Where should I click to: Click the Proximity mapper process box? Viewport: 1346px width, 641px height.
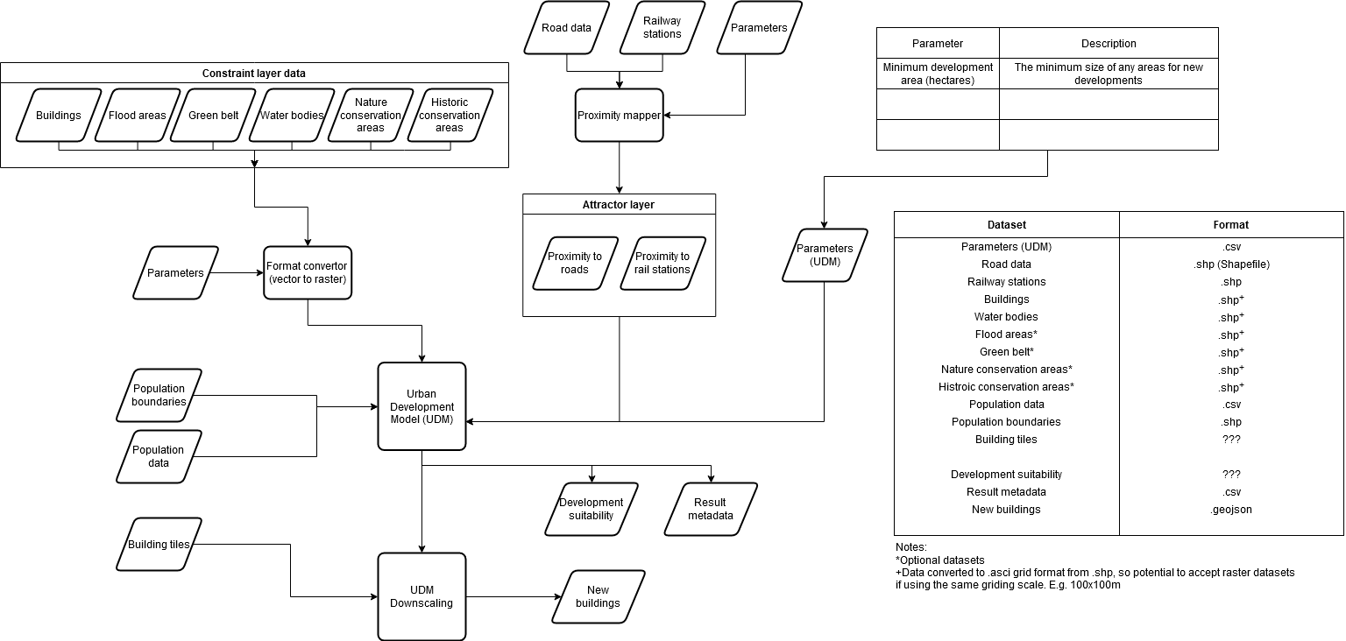tap(619, 115)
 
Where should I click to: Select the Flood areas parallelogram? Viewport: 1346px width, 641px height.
tap(138, 115)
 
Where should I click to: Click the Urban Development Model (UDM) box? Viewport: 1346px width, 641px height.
tap(422, 406)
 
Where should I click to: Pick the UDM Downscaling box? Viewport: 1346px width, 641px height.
tap(422, 596)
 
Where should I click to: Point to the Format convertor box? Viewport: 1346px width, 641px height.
tap(307, 272)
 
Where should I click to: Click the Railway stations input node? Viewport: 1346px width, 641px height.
tap(662, 27)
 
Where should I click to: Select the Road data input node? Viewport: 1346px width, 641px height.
tap(566, 27)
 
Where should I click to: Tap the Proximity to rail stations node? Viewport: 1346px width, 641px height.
tap(662, 263)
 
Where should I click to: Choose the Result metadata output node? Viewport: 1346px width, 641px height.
tap(711, 509)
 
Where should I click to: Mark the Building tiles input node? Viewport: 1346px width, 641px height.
tap(159, 544)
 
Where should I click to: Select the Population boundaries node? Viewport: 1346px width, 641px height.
tap(159, 395)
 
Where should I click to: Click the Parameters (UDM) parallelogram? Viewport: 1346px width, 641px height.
tap(824, 255)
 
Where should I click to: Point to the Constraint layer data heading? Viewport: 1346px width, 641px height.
tap(254, 73)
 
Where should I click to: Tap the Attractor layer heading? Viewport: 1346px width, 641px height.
tap(619, 204)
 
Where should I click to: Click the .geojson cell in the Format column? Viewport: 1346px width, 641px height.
tap(1230, 509)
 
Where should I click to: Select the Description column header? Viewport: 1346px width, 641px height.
tap(1109, 43)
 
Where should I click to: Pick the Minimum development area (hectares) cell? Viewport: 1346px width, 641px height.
tap(938, 74)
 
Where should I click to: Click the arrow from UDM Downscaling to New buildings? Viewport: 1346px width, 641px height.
tap(513, 596)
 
